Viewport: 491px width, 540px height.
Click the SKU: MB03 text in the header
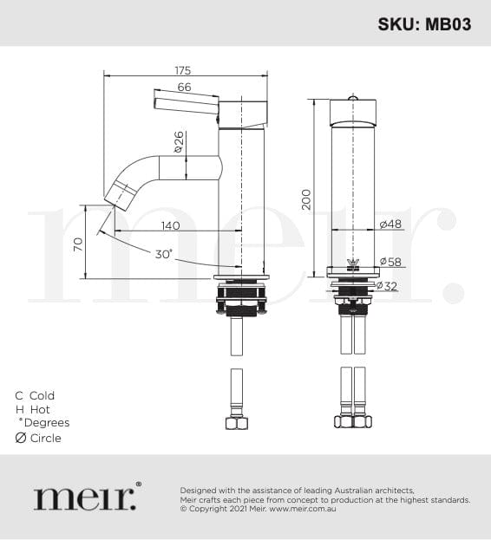(x=424, y=24)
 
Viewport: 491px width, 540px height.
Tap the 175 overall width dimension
(x=183, y=70)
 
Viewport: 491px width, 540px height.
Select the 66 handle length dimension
(x=184, y=88)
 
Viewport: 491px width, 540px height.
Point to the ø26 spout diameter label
(x=179, y=141)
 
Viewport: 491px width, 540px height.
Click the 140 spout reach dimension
(x=171, y=225)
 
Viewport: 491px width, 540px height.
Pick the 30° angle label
(x=163, y=254)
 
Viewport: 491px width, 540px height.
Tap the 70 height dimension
(x=79, y=244)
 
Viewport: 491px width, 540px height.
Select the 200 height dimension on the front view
(x=306, y=199)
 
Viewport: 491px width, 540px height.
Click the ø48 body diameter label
(x=390, y=224)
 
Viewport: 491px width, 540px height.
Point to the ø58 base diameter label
(x=390, y=262)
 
